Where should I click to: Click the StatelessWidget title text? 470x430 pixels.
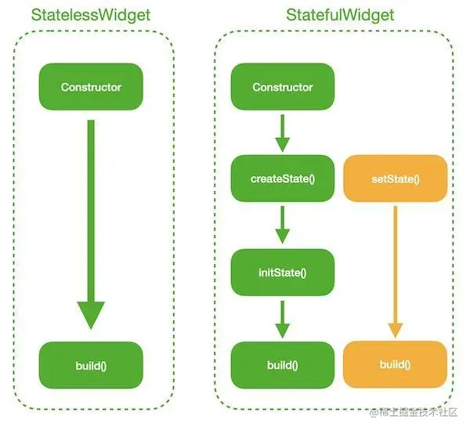[91, 15]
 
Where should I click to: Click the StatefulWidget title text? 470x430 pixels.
[340, 15]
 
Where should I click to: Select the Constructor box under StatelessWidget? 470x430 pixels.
[91, 87]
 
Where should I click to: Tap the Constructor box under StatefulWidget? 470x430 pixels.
[283, 87]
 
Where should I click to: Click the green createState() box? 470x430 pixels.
[283, 179]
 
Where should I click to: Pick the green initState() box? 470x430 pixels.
[283, 273]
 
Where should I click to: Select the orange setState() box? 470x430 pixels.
[396, 179]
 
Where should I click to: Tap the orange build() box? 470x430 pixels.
[396, 365]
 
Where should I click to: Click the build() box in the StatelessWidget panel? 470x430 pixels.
[91, 365]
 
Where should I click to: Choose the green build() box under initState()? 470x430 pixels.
[283, 365]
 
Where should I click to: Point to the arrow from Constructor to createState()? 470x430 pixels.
[283, 132]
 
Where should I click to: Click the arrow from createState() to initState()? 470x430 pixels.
[283, 226]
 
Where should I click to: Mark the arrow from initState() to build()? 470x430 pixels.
[283, 318]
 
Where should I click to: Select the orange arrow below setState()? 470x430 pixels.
[396, 266]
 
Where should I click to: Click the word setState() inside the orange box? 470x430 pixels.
[396, 179]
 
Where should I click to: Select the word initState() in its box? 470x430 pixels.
[283, 273]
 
